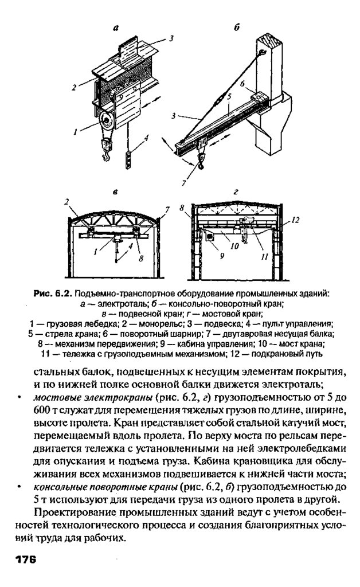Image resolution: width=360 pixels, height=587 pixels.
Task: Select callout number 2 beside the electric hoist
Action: (74, 87)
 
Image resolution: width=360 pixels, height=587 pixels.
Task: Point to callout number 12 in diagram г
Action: (295, 220)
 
